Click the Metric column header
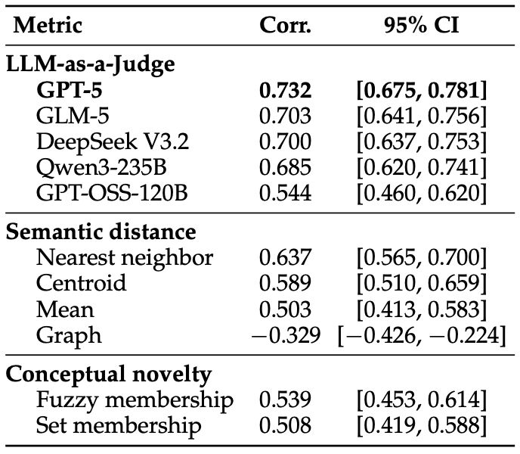pyautogui.click(x=48, y=25)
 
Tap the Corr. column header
pyautogui.click(x=285, y=25)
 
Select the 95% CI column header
pyautogui.click(x=422, y=25)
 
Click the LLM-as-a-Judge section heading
pyautogui.click(x=91, y=64)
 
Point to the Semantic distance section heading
pyautogui.click(x=101, y=232)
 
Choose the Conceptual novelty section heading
pyautogui.click(x=109, y=375)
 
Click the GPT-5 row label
pyautogui.click(x=70, y=90)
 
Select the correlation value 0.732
pyautogui.click(x=285, y=90)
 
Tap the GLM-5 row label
pyautogui.click(x=73, y=116)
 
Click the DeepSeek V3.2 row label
pyautogui.click(x=113, y=141)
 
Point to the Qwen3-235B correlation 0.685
pyautogui.click(x=285, y=167)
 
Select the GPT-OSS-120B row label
pyautogui.click(x=112, y=193)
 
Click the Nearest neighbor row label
pyautogui.click(x=125, y=258)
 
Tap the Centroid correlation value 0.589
pyautogui.click(x=285, y=283)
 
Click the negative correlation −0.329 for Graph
pyautogui.click(x=286, y=334)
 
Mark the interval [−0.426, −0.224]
pyautogui.click(x=422, y=335)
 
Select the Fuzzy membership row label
pyautogui.click(x=135, y=400)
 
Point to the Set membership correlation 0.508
pyautogui.click(x=285, y=426)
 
